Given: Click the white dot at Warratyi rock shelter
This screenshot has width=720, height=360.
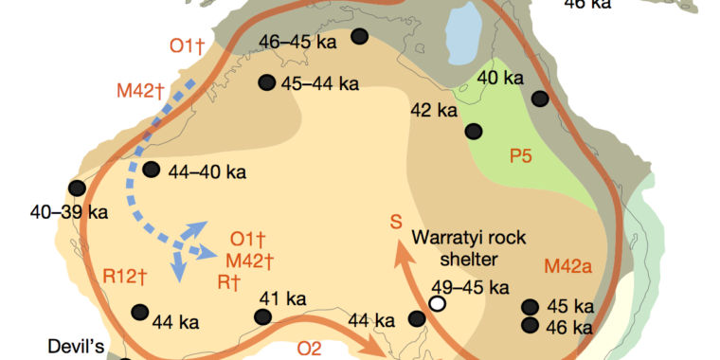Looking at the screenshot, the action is click(437, 303).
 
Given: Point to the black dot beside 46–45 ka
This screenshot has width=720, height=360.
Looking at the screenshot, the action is click(360, 37).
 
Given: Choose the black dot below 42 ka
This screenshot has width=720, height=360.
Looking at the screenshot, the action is click(473, 131).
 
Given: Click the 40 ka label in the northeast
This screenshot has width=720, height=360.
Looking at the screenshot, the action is click(500, 78).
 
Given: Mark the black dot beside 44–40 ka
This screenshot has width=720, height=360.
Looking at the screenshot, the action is click(152, 170).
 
